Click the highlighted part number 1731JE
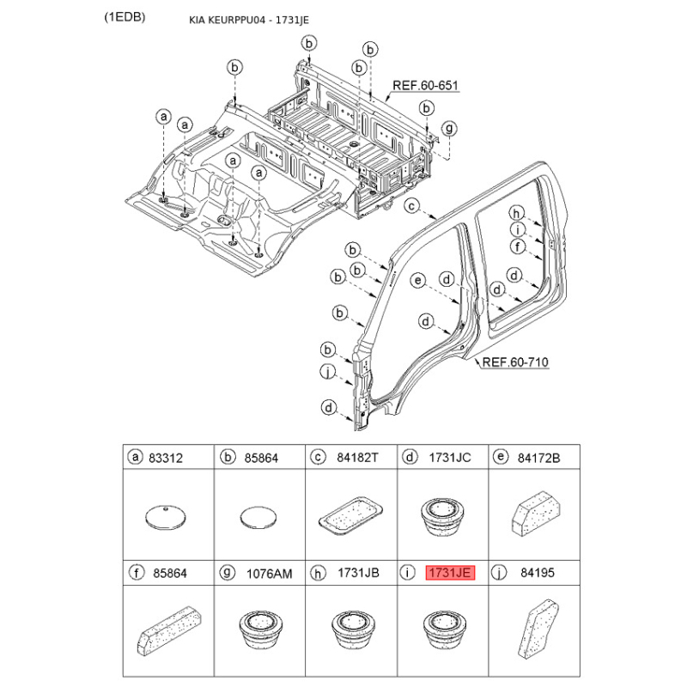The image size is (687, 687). [x=450, y=573]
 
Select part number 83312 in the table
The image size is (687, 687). [x=166, y=459]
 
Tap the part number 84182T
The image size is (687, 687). [x=357, y=458]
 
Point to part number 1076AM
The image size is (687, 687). [x=269, y=574]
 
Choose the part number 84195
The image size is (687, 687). [x=538, y=573]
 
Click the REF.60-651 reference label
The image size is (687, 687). [x=425, y=85]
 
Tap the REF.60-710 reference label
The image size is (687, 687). [x=514, y=362]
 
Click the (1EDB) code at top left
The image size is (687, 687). [x=125, y=17]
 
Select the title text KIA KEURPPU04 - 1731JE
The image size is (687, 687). [x=249, y=20]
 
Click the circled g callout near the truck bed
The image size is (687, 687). [x=449, y=128]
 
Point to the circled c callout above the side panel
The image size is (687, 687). [x=412, y=205]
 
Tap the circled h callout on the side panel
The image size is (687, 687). [x=517, y=213]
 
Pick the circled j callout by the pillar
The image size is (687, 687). [x=327, y=372]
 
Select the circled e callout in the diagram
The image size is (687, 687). [x=417, y=281]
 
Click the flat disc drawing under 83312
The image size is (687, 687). [x=165, y=517]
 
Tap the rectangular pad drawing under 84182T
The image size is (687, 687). [x=350, y=516]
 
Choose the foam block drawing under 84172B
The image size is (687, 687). [x=536, y=513]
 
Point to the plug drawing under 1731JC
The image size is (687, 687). [x=442, y=517]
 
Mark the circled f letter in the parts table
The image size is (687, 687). [x=137, y=572]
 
